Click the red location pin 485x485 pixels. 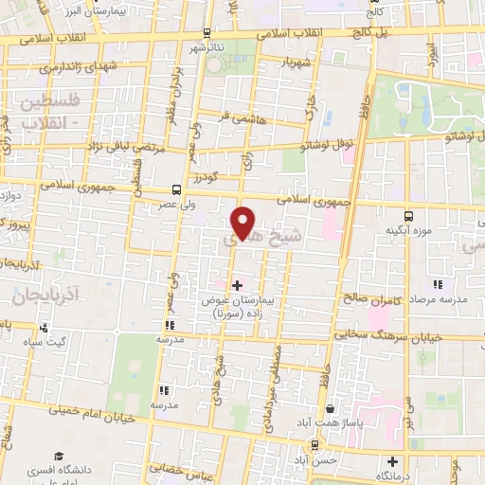tap(243, 222)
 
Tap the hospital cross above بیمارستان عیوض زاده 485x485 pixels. tap(237, 284)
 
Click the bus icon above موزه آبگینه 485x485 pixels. tap(409, 216)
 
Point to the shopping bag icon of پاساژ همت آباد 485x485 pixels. tap(329, 410)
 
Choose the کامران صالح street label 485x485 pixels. tap(368, 300)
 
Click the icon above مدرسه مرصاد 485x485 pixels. tap(437, 283)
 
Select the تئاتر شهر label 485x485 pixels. tap(207, 47)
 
